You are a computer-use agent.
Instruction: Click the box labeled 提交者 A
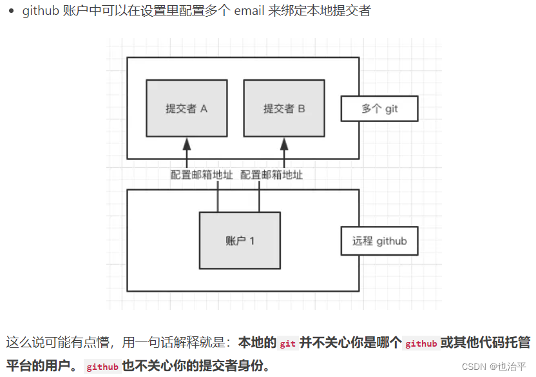point(186,108)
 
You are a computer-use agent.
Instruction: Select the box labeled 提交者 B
point(284,108)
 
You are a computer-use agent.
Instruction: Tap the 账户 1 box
point(240,241)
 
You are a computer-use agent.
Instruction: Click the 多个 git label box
point(379,109)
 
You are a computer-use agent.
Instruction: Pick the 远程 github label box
point(379,241)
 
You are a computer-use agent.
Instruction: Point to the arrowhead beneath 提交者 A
point(187,143)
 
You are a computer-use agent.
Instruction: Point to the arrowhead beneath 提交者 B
point(284,143)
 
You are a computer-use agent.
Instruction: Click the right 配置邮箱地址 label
point(271,175)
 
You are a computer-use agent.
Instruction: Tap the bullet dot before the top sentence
point(11,12)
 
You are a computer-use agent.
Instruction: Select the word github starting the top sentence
point(41,11)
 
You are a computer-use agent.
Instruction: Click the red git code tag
point(288,343)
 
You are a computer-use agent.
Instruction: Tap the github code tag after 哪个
point(421,343)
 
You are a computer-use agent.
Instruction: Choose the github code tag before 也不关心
point(102,367)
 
